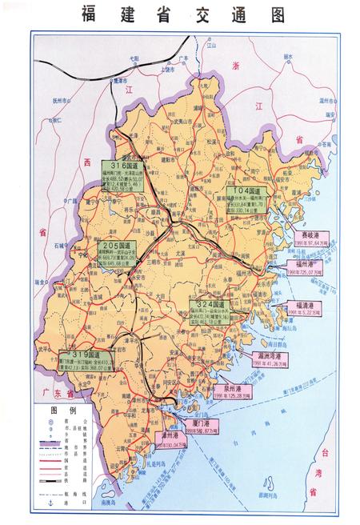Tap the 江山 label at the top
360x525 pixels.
(x=211, y=46)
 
